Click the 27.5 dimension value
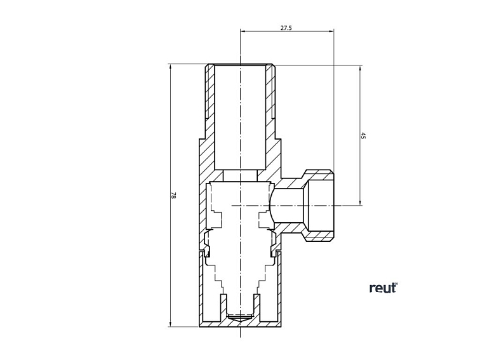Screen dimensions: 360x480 pos(286,29)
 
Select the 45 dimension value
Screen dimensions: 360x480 pos(363,136)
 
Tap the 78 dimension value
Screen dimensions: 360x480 pos(173,196)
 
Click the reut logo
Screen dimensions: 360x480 pos(383,288)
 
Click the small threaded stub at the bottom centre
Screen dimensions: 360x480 pos(240,316)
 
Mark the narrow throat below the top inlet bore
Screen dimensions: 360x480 pos(240,175)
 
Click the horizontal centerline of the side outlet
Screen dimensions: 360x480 pos(292,205)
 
